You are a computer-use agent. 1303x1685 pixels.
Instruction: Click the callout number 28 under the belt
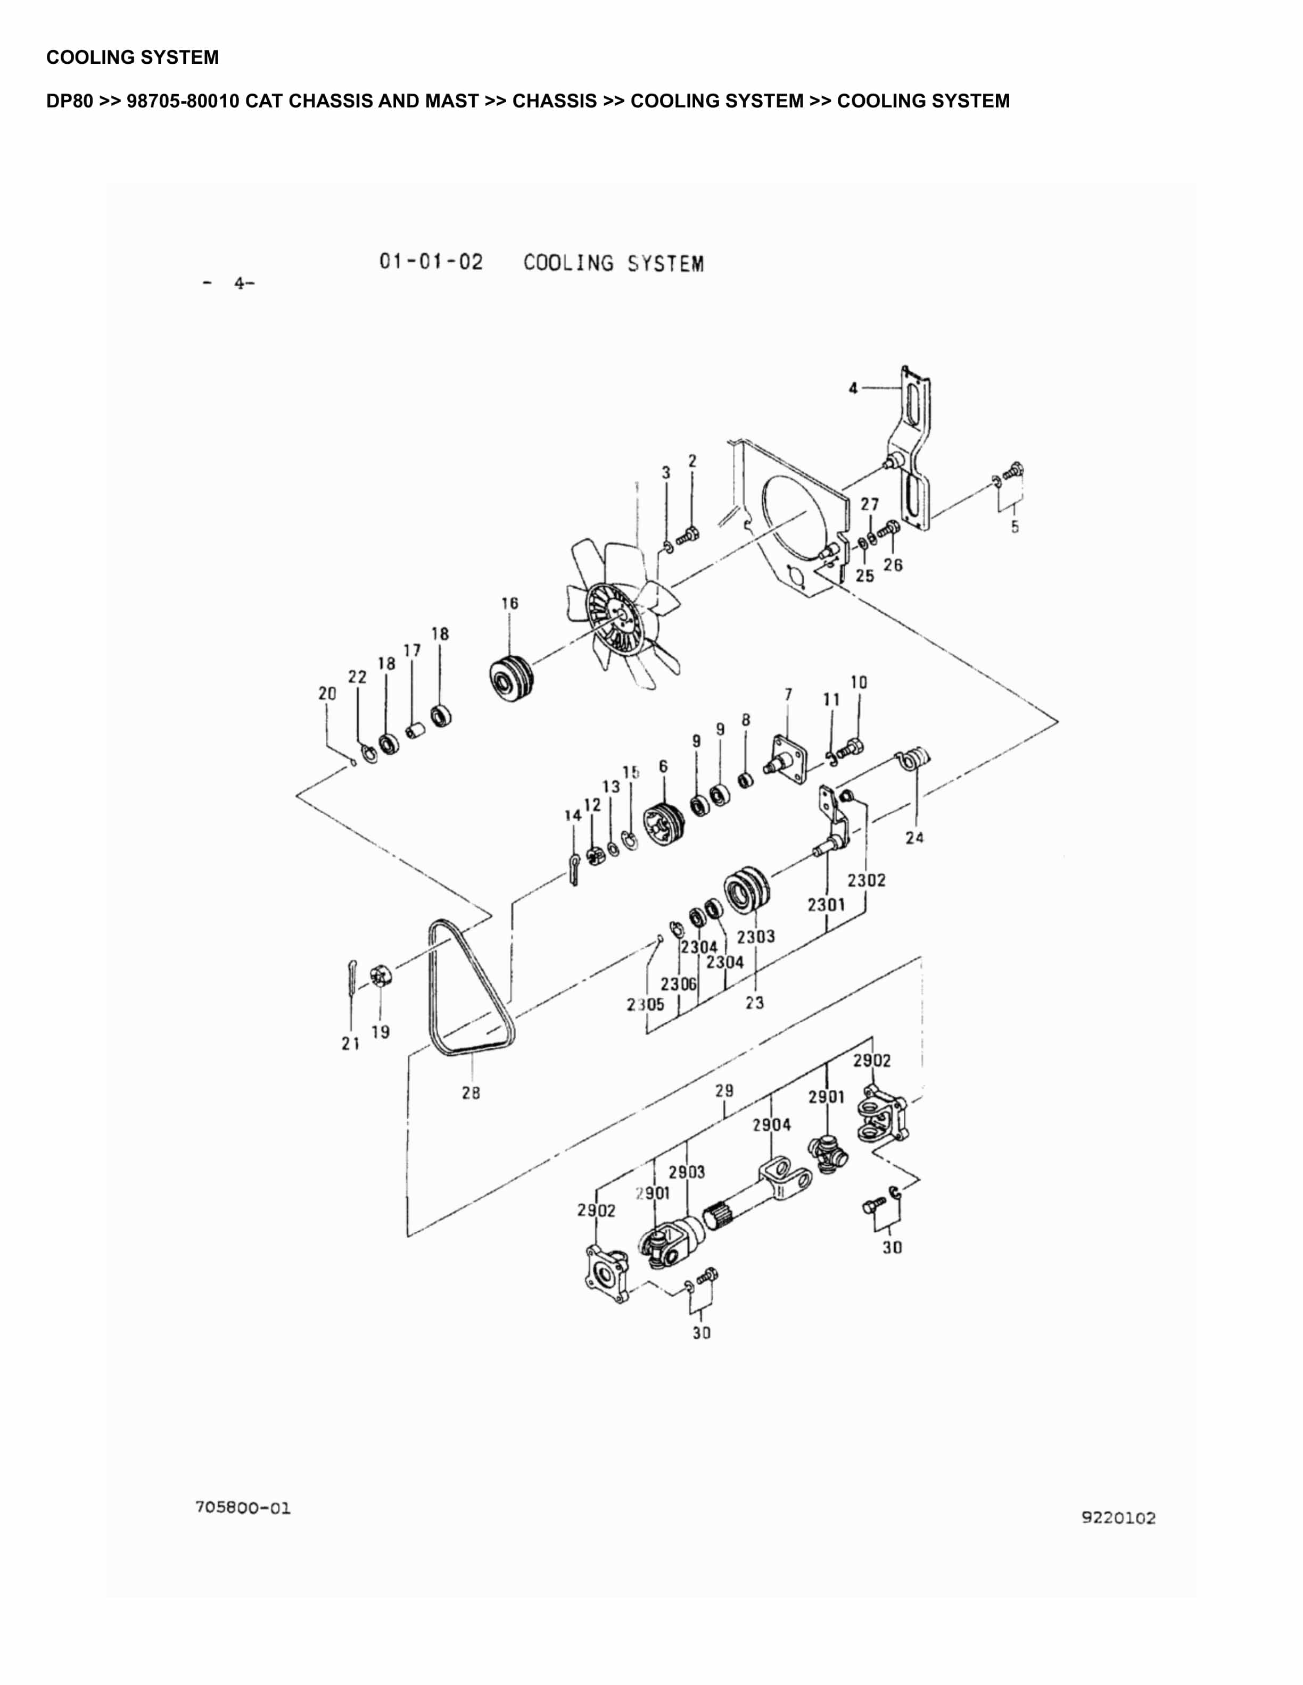470,1092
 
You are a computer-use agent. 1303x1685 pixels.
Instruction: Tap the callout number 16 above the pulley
509,603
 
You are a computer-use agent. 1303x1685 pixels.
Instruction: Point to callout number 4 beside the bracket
853,388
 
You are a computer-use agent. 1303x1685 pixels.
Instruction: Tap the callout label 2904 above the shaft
771,1125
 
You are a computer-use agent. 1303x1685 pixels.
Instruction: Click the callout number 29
724,1091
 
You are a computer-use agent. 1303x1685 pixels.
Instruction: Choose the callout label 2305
645,1005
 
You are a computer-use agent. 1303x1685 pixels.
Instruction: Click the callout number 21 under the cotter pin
350,1043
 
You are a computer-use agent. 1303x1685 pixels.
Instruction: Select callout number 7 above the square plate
788,695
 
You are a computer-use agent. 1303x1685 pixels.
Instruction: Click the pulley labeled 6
664,823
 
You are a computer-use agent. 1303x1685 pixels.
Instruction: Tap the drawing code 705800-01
243,1507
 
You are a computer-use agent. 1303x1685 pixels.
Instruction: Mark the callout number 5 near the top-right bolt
1015,527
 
